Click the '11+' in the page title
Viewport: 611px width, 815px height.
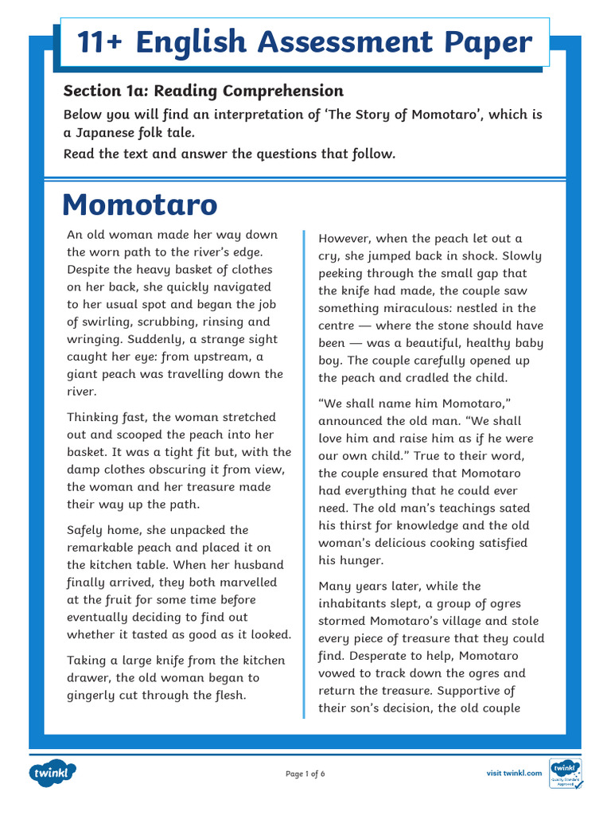[103, 41]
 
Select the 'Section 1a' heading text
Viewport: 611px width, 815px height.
[103, 91]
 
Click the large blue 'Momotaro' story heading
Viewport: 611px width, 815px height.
[139, 205]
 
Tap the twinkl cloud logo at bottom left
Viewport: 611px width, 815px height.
[53, 773]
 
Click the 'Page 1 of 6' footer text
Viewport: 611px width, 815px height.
[305, 774]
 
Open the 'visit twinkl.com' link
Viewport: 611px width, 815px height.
[514, 773]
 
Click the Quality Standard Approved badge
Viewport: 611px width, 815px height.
[566, 773]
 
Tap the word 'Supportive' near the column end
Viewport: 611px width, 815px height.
[469, 691]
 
